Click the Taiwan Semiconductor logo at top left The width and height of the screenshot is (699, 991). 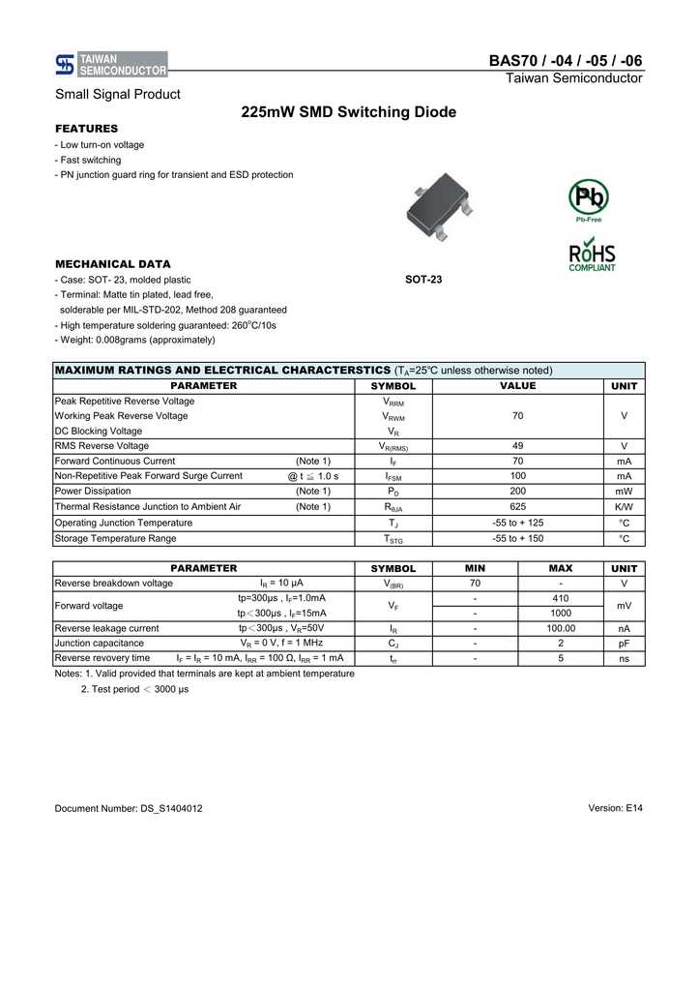pos(111,64)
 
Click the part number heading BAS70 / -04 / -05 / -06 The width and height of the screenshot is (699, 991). pos(566,61)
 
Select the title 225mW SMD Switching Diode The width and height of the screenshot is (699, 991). pos(348,113)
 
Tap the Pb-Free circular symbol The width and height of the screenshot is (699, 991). pos(588,198)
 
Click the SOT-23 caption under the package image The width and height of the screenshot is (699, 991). pos(423,280)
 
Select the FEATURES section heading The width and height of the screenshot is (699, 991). pos(87,129)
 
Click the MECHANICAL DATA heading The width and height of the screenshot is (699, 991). pos(113,263)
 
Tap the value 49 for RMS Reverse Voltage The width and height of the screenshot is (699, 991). pos(517,446)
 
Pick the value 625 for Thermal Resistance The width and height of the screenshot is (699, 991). pos(517,507)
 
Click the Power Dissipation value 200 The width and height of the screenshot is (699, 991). pos(517,492)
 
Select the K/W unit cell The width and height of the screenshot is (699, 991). pos(624,507)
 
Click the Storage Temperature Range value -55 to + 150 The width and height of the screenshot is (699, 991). pos(517,538)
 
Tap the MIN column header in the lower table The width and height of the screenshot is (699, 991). pos(475,569)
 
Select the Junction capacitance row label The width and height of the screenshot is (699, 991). pos(100,643)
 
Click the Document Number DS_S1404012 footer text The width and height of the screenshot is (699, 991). pos(129,808)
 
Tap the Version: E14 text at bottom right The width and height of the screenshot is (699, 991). pos(615,808)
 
